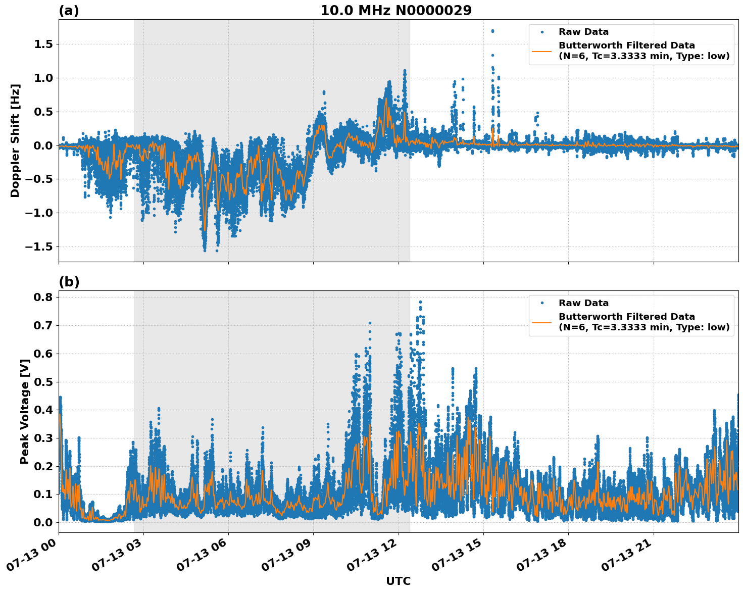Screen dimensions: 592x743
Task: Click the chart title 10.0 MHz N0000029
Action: click(x=396, y=11)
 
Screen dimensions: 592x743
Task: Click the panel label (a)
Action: click(x=69, y=11)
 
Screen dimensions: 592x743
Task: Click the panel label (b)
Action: click(x=69, y=282)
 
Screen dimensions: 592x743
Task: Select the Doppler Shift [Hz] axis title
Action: click(x=15, y=140)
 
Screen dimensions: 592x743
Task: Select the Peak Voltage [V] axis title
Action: click(x=24, y=411)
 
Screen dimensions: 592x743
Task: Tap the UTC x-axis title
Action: click(x=398, y=581)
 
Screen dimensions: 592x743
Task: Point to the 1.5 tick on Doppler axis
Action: click(x=43, y=44)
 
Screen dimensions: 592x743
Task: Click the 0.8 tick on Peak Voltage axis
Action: click(x=43, y=298)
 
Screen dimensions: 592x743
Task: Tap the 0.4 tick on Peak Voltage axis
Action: click(x=43, y=410)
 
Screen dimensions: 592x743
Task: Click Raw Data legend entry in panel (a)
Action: click(x=583, y=32)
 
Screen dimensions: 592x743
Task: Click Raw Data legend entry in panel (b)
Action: click(x=583, y=303)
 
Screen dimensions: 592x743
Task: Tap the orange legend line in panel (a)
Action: click(x=541, y=51)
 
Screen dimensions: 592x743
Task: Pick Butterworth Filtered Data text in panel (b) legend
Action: click(x=626, y=317)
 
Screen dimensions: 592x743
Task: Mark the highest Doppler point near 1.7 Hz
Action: click(x=492, y=31)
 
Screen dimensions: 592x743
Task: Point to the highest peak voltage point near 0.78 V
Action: click(x=420, y=302)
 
